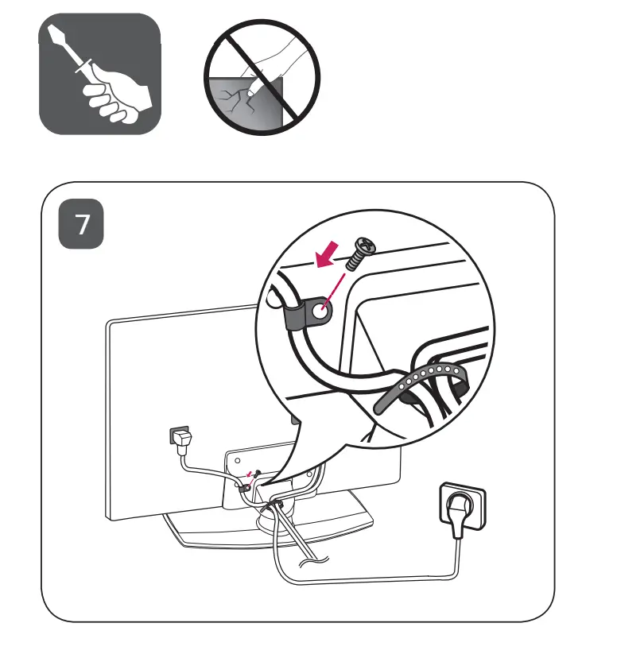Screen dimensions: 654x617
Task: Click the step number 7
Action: click(82, 226)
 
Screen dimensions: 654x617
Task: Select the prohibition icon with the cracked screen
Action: click(262, 75)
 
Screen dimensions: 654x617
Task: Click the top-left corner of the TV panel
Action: click(110, 323)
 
